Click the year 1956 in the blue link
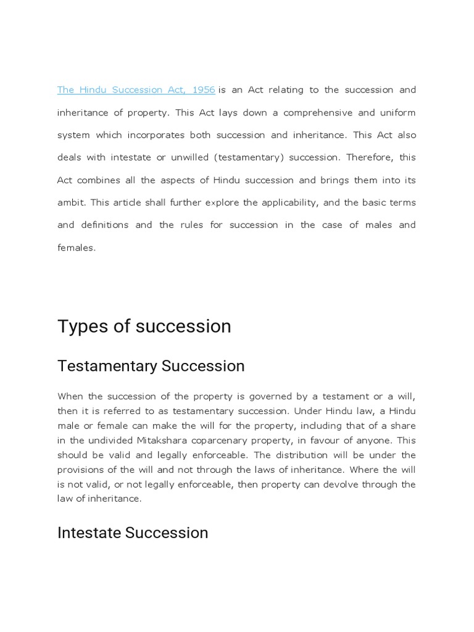click(x=204, y=90)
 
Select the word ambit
click(x=69, y=202)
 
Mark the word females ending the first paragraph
click(x=75, y=247)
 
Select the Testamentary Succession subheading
click(x=151, y=366)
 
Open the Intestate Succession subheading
click(x=133, y=533)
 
